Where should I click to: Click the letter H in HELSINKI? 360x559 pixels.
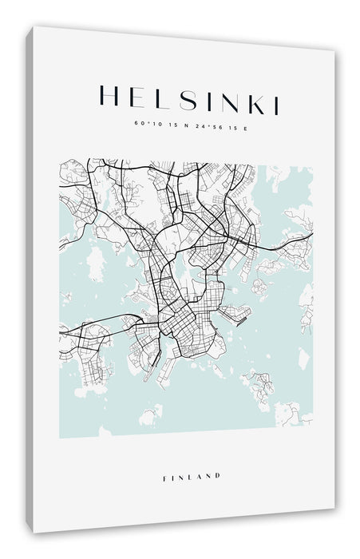(x=108, y=97)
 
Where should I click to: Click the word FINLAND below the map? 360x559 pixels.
(x=190, y=476)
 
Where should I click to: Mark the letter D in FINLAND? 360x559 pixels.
(x=218, y=476)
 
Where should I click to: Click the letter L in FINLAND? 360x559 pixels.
(x=191, y=476)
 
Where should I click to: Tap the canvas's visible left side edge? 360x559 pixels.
(x=29, y=279)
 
